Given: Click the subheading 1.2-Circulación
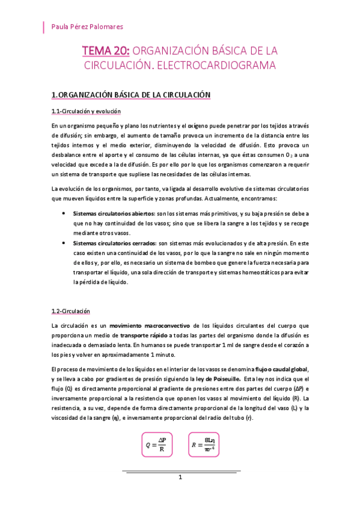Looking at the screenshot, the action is (x=71, y=311).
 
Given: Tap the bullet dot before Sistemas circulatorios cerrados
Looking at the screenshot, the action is (x=64, y=243).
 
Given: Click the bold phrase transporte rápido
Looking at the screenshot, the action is (x=143, y=335).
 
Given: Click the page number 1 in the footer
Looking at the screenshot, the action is (x=179, y=477).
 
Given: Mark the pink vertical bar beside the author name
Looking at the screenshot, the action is (x=43, y=26).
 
